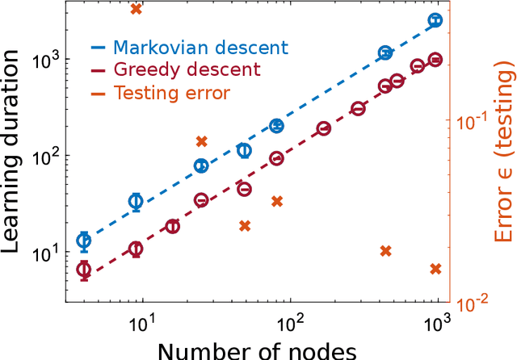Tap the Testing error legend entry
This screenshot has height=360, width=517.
click(x=172, y=93)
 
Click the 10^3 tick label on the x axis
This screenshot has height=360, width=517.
click(x=438, y=321)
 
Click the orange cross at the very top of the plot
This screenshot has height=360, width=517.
click(x=137, y=8)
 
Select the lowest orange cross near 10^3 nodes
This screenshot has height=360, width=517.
click(x=435, y=269)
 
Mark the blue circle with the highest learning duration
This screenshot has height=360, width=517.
click(x=435, y=20)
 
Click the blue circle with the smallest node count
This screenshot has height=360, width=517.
click(x=84, y=241)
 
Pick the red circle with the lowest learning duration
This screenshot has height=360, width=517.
click(x=84, y=270)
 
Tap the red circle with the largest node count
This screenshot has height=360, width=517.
click(x=435, y=60)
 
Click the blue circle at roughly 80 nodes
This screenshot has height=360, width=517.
click(x=276, y=126)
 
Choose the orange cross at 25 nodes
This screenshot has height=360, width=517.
click(x=201, y=141)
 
